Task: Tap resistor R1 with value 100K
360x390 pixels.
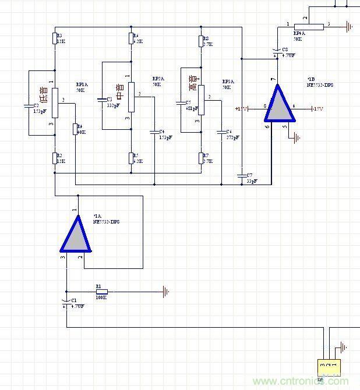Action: [101, 291]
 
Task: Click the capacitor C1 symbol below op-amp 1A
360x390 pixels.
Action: [66, 303]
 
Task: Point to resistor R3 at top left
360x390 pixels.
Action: [54, 38]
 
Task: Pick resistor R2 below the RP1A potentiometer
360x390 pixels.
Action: [54, 158]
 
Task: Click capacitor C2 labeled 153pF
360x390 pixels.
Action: [29, 106]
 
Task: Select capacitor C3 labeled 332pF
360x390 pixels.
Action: [102, 100]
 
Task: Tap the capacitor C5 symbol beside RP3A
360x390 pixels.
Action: [180, 104]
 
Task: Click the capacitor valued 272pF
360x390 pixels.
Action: [221, 133]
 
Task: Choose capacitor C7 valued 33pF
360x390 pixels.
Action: [241, 175]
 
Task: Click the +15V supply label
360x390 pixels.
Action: [242, 109]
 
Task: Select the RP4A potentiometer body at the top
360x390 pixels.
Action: [308, 26]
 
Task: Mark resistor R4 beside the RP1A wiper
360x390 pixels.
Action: [75, 129]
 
